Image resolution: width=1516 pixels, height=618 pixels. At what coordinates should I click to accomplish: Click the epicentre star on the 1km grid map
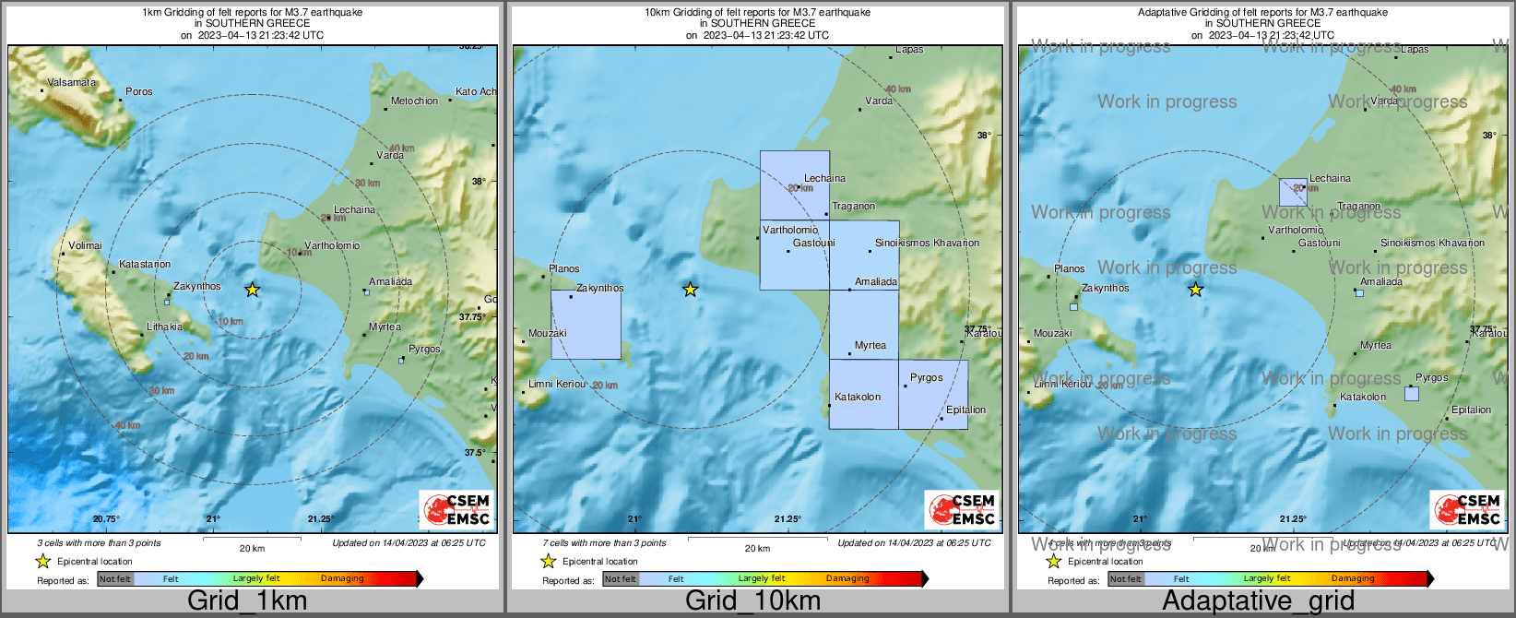click(253, 290)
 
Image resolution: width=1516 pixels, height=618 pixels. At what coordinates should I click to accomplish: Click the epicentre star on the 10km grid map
click(690, 290)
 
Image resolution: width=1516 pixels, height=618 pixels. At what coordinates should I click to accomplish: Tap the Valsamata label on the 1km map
click(72, 83)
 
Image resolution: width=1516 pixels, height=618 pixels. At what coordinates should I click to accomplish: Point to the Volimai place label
click(85, 246)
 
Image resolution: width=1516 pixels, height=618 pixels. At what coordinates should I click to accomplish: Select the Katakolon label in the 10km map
click(858, 398)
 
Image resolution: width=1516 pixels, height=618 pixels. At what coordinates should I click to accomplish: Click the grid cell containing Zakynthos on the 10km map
click(586, 325)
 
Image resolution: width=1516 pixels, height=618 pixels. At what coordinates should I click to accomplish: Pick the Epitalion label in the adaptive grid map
click(1471, 410)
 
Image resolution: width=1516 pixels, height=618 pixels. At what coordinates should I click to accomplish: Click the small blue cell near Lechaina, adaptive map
click(1293, 192)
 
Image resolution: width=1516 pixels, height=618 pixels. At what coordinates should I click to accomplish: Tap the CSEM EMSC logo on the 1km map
click(456, 509)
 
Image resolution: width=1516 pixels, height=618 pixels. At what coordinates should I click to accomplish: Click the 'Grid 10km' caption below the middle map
click(752, 601)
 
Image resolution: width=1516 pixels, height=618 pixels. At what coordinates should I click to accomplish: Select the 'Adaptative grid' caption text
click(1258, 601)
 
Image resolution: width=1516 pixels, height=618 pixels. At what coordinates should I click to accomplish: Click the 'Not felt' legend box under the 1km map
click(115, 579)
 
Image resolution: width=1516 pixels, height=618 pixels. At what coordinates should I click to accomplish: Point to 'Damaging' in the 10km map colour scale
click(847, 579)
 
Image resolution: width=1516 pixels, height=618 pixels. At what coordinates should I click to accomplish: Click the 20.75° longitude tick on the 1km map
click(107, 519)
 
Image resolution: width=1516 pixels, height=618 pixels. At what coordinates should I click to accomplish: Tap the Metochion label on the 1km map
click(415, 101)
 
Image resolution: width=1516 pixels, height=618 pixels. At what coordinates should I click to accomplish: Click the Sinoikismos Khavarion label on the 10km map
click(927, 244)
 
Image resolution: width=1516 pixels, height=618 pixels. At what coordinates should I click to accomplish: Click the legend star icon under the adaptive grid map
click(1053, 561)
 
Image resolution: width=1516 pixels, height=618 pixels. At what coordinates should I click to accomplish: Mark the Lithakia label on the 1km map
click(165, 327)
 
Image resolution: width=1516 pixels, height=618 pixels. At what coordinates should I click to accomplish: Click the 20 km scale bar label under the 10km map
click(757, 549)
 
